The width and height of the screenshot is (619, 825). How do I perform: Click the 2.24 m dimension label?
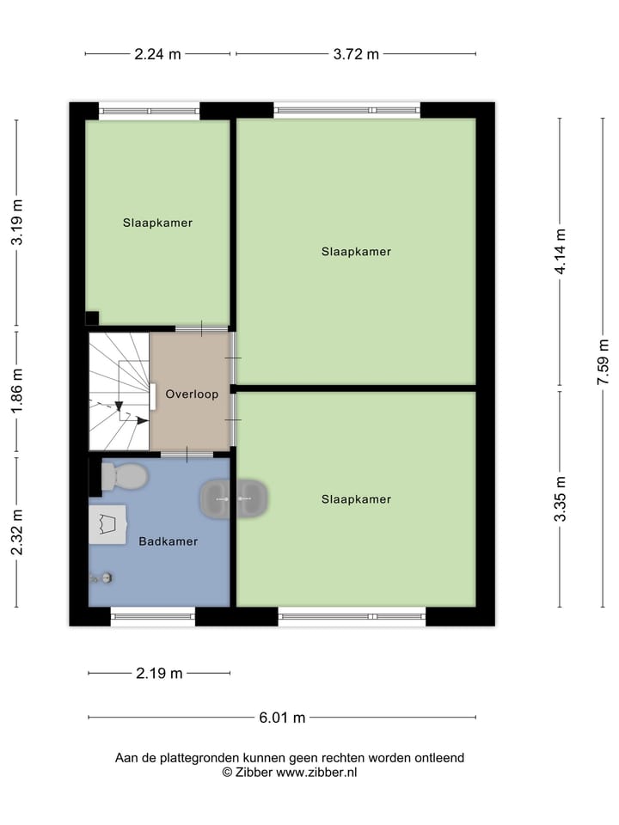(x=157, y=54)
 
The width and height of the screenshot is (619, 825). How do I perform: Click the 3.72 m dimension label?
(x=356, y=54)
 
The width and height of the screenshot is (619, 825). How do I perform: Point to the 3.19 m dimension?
(x=17, y=223)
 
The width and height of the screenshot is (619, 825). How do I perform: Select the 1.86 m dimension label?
(x=17, y=391)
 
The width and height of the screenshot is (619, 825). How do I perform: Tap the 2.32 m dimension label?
(x=17, y=532)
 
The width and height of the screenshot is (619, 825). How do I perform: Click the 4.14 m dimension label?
(x=561, y=251)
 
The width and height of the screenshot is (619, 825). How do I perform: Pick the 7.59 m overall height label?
(x=604, y=362)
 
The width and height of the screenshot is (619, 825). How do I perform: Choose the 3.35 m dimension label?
(x=561, y=498)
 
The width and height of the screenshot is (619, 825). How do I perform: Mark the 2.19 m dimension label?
(x=159, y=673)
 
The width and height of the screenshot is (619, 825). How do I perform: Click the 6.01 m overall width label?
(x=283, y=718)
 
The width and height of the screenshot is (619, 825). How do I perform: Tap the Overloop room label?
(x=192, y=394)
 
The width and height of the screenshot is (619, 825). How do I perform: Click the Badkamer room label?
(x=169, y=541)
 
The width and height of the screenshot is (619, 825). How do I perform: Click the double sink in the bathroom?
(x=234, y=498)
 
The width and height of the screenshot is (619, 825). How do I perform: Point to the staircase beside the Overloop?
(x=120, y=392)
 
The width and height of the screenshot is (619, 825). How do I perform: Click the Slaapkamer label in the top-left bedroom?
(x=157, y=223)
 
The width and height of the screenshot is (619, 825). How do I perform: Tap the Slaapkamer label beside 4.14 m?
(x=356, y=252)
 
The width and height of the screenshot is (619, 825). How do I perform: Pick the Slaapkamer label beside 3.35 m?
(x=356, y=499)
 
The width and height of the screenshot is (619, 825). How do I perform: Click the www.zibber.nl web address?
(x=316, y=772)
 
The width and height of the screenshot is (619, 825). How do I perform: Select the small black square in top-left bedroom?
(x=92, y=317)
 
